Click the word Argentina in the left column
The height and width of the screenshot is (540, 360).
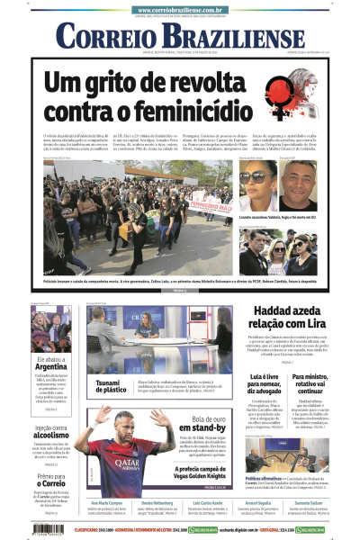coord(51,366)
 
